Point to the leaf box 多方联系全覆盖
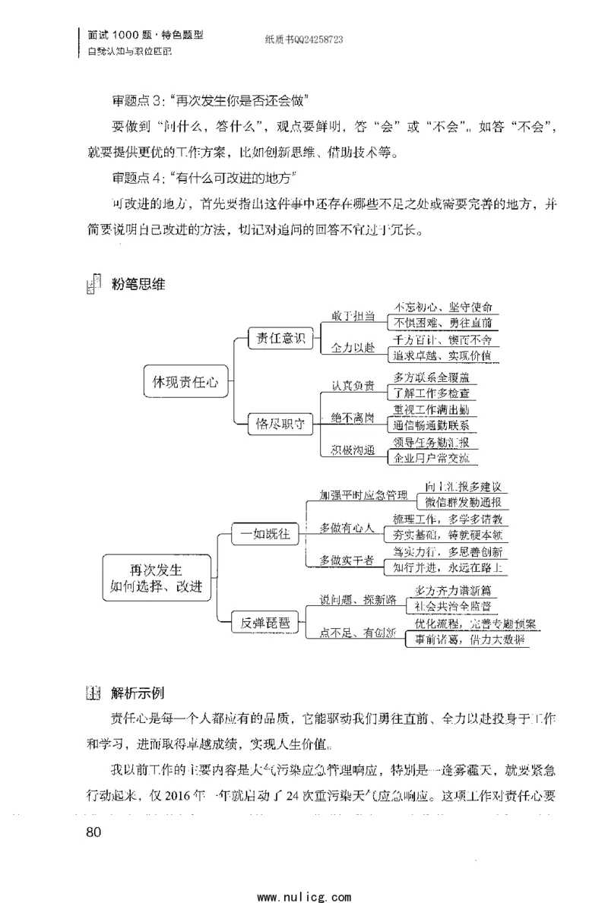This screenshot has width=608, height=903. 435,377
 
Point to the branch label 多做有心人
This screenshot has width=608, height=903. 347,527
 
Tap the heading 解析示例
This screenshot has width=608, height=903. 138,693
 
